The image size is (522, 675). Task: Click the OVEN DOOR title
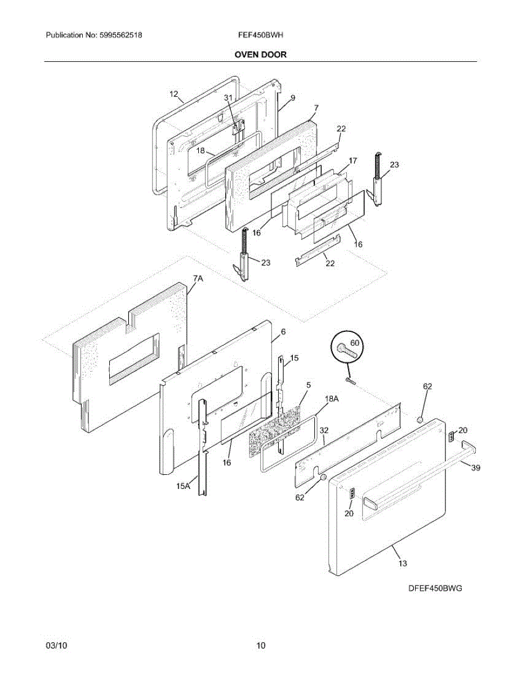point(261,55)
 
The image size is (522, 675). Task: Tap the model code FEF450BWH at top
point(260,35)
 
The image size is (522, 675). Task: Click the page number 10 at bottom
point(261,646)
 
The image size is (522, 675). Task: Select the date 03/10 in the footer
point(55,646)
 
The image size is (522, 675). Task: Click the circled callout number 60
point(354,342)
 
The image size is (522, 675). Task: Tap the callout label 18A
point(332,398)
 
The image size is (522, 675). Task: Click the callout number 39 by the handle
point(475,468)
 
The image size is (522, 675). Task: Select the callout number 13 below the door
point(403,562)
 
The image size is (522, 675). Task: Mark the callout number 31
point(228,97)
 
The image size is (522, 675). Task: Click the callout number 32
point(324,430)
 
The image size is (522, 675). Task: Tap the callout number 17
point(353,161)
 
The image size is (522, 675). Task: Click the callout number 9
point(293,98)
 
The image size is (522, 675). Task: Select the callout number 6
point(283,332)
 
